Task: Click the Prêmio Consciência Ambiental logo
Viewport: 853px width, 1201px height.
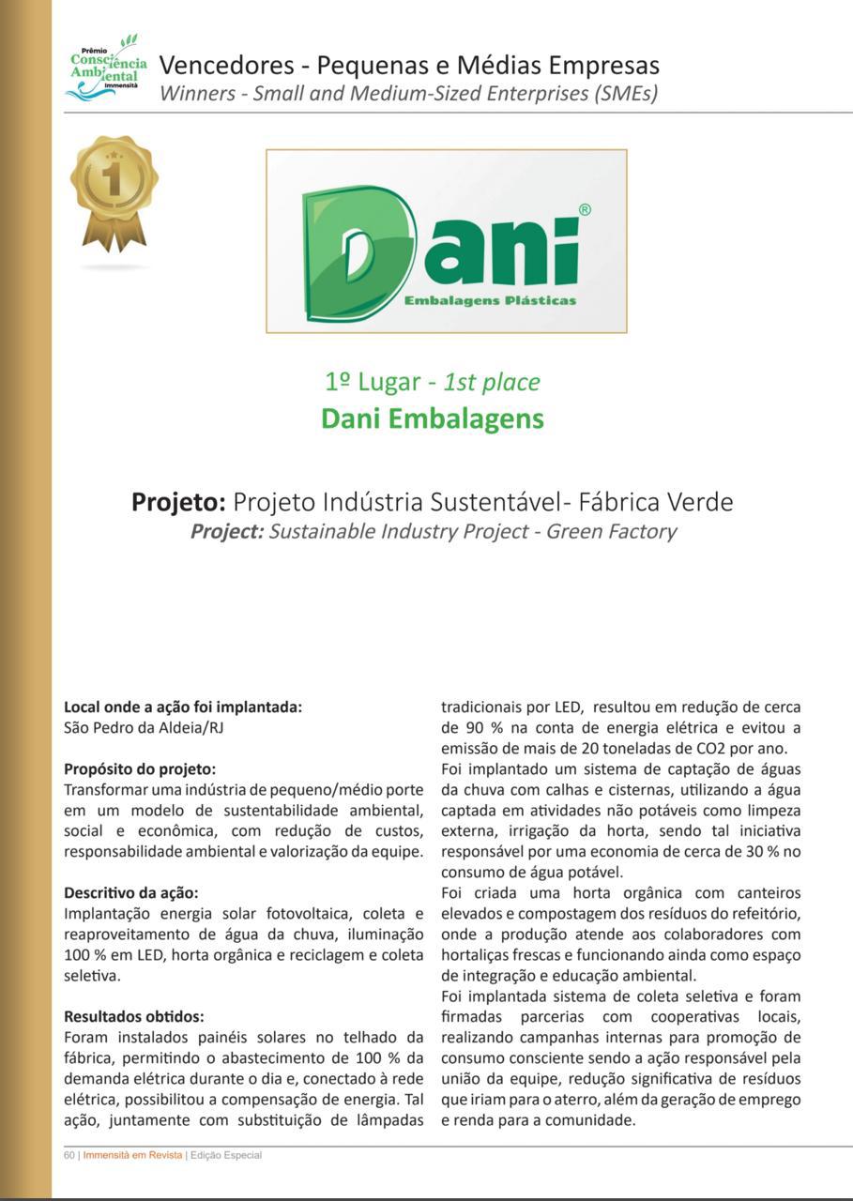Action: [x=106, y=68]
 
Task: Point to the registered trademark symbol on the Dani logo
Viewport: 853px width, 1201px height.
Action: [x=585, y=210]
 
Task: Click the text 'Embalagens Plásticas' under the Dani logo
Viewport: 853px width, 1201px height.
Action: [x=490, y=300]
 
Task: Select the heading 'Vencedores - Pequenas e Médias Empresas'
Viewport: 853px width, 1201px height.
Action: [x=409, y=66]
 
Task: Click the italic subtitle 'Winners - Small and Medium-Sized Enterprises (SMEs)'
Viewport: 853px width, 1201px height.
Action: [x=408, y=93]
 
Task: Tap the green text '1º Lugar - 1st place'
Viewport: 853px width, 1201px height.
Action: [x=433, y=382]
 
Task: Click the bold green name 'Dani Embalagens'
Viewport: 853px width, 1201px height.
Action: [x=433, y=418]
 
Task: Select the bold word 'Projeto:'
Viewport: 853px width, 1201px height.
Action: [x=178, y=502]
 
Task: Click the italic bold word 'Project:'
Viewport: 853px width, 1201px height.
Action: [x=226, y=532]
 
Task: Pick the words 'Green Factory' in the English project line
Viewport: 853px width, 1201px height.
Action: [x=611, y=532]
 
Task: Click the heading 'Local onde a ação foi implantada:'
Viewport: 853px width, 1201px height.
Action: [x=183, y=707]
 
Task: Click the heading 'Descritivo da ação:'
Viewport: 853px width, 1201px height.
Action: [x=131, y=892]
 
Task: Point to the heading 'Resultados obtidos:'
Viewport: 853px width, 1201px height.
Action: [x=134, y=1016]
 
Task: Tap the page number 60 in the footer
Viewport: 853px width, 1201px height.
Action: [x=69, y=1155]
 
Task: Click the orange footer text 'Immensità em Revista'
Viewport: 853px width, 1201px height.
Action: [x=132, y=1155]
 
